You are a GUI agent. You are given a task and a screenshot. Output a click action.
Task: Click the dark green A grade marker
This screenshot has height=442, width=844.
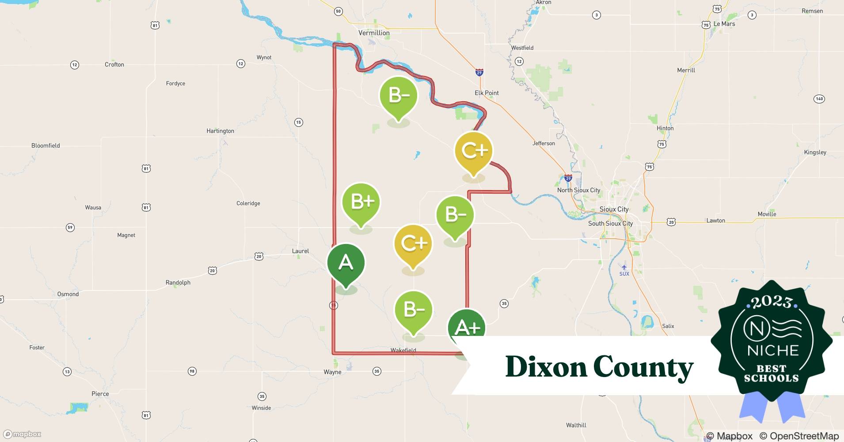pos(346,263)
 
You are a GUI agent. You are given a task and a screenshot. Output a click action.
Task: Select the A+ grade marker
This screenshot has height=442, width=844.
pos(467,328)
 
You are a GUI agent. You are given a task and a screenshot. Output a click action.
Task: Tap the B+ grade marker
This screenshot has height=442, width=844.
pos(361,202)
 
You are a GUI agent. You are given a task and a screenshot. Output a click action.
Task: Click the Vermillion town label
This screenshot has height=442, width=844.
pos(374,33)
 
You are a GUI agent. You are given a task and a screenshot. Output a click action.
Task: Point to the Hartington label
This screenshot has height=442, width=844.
pos(220,131)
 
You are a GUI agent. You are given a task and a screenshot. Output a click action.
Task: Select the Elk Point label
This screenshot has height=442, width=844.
pos(487,93)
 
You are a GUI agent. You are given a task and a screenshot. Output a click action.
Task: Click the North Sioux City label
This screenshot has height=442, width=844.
pos(578,190)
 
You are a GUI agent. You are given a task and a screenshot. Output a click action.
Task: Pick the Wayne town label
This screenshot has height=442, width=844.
pos(332,372)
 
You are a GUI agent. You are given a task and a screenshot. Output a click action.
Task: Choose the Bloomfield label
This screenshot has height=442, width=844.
pos(46,145)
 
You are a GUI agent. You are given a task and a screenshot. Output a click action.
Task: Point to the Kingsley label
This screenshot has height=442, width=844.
pos(815,152)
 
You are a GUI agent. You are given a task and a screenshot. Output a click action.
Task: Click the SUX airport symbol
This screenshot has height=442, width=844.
pos(624,267)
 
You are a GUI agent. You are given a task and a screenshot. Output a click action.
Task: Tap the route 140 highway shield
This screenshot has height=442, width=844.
pos(819,99)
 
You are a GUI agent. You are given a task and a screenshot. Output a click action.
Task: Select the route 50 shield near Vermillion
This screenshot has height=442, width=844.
pos(338,11)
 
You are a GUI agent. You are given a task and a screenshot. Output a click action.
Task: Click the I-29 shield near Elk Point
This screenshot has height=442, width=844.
pos(479,72)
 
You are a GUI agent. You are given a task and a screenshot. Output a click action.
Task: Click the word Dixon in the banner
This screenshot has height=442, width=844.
pos(546,367)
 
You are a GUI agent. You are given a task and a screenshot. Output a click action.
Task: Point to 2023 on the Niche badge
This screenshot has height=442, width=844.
pos(771,302)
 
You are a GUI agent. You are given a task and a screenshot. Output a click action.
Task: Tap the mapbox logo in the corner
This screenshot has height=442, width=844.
pos(22,434)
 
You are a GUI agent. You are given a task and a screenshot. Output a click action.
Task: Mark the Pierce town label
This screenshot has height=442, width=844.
pos(100,394)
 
